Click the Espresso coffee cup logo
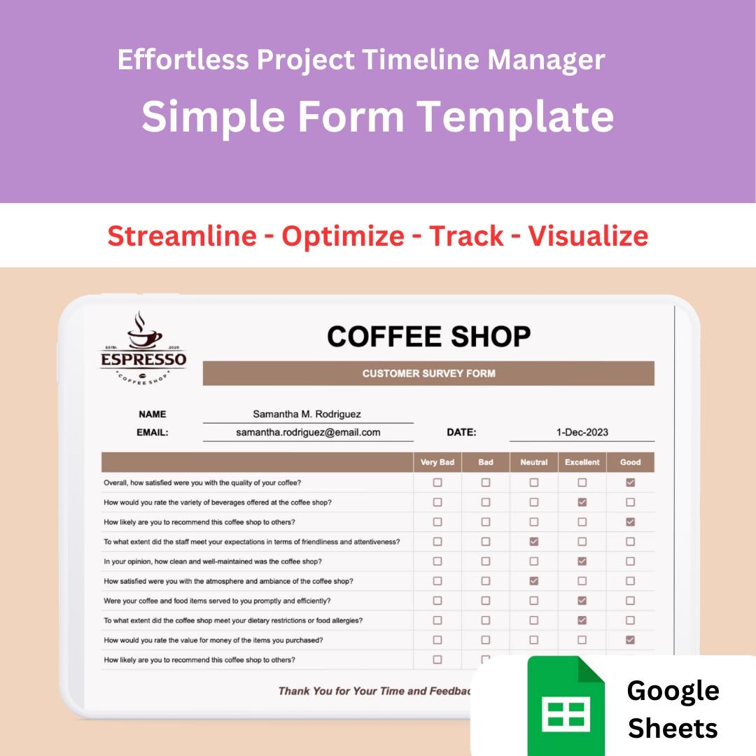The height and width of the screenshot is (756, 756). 144,346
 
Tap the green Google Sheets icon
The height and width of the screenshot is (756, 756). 566,705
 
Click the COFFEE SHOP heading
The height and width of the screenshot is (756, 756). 428,337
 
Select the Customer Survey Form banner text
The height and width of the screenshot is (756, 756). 428,374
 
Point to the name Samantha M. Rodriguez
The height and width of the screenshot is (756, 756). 307,414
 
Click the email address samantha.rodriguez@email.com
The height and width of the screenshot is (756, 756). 308,433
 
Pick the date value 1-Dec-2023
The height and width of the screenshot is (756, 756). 582,433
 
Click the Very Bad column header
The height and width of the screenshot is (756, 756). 437,463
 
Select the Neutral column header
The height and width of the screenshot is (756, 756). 534,463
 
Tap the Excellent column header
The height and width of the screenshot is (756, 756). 582,463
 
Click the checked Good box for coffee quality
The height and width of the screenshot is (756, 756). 631,482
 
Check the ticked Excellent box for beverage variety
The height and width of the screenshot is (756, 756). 582,502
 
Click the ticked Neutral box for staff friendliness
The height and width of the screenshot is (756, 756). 534,541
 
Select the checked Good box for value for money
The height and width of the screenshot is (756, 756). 631,640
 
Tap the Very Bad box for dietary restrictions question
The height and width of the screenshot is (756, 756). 437,620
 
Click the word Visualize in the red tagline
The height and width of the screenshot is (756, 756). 588,236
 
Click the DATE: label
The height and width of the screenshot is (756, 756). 461,433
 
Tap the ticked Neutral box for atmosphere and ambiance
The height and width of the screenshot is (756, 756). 534,581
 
